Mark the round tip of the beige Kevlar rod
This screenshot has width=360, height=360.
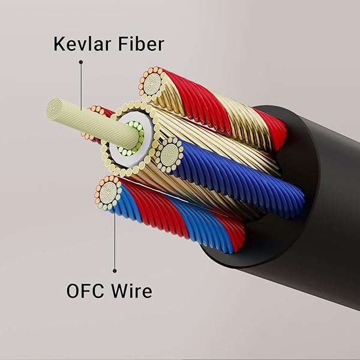[x=55, y=108]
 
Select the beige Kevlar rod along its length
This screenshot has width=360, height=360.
[x=90, y=120]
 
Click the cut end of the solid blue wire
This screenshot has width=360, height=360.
[x=169, y=155]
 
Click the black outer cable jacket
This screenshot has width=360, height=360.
[x=300, y=240]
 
